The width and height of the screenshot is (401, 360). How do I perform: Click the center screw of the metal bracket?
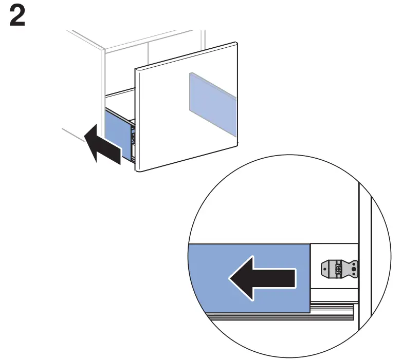point(338,268)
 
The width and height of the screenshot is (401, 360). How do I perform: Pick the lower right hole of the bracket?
point(353,272)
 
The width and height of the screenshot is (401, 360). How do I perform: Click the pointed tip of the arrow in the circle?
point(231,278)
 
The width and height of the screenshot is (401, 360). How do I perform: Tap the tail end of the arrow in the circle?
point(294,278)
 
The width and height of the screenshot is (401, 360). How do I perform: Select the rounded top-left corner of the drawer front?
point(136,69)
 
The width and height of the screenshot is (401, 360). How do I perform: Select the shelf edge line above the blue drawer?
point(119,94)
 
